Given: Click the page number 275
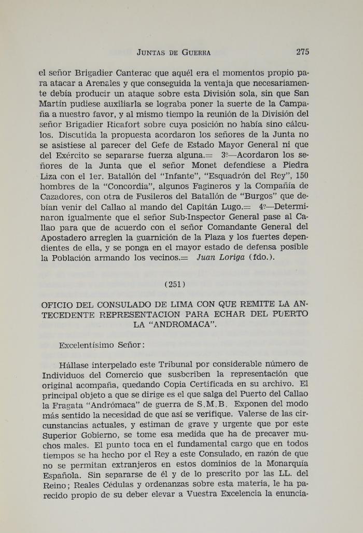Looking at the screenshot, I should point(303,51).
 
